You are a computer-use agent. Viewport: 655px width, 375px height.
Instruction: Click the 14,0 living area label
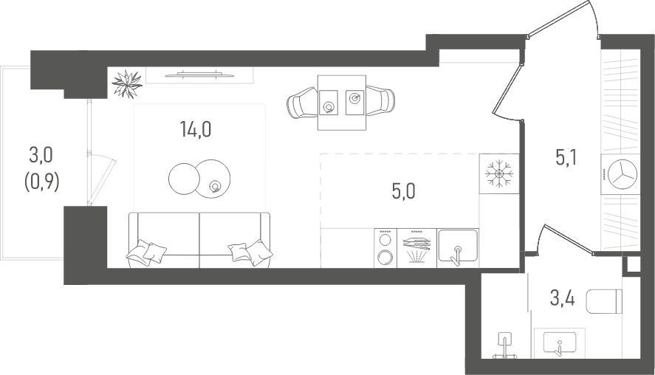tap(196, 129)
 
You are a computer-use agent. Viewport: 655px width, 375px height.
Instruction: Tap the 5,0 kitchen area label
tap(403, 192)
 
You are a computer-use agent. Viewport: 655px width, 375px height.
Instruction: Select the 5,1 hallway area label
tap(566, 158)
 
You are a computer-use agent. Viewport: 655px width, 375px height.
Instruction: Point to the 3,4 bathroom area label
tap(562, 299)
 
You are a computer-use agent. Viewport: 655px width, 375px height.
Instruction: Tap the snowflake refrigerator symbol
tap(498, 173)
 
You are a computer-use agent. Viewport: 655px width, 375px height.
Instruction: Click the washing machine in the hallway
tap(620, 174)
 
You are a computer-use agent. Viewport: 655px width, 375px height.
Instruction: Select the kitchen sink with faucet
tap(457, 248)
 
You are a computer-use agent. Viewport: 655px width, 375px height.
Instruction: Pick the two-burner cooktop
tap(385, 248)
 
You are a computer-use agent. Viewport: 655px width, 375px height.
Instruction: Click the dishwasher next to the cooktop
tap(416, 248)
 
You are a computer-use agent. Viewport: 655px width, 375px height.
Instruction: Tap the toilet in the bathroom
tap(604, 301)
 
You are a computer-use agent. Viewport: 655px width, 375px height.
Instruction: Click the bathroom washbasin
tap(559, 343)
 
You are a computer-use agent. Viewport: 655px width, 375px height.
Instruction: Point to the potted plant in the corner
tap(127, 84)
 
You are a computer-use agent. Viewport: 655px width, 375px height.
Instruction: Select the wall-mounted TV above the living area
tap(199, 75)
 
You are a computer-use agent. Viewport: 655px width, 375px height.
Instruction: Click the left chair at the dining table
tap(301, 103)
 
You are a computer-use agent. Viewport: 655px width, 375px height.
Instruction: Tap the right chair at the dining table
tap(380, 100)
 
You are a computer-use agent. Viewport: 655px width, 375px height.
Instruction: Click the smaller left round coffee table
tap(184, 179)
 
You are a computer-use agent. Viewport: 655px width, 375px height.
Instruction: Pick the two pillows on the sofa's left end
tap(146, 252)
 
